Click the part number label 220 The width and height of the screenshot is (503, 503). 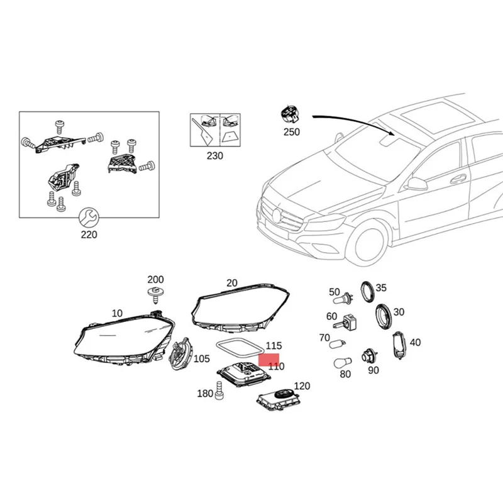(x=89, y=235)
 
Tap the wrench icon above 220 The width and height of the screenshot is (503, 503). (x=89, y=218)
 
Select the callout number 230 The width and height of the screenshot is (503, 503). (x=214, y=155)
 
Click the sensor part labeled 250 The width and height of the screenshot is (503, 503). (x=290, y=116)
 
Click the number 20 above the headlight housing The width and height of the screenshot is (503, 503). (x=232, y=284)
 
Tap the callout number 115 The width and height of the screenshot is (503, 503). (x=274, y=346)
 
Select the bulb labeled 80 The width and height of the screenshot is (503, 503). (x=343, y=362)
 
